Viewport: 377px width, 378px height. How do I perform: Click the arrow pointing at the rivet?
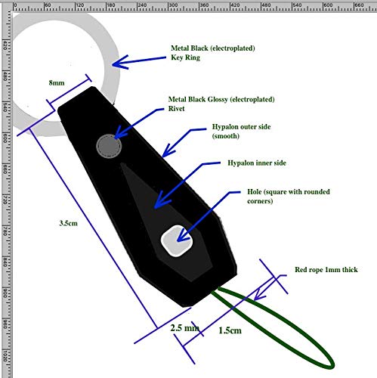click(140, 125)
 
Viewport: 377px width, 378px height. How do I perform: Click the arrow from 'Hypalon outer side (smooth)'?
click(182, 143)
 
